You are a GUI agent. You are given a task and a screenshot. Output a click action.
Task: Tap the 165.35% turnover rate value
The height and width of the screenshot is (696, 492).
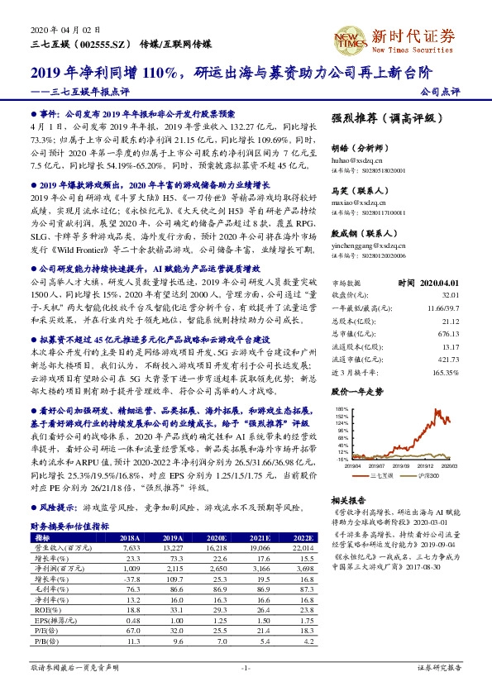click(x=445, y=374)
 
